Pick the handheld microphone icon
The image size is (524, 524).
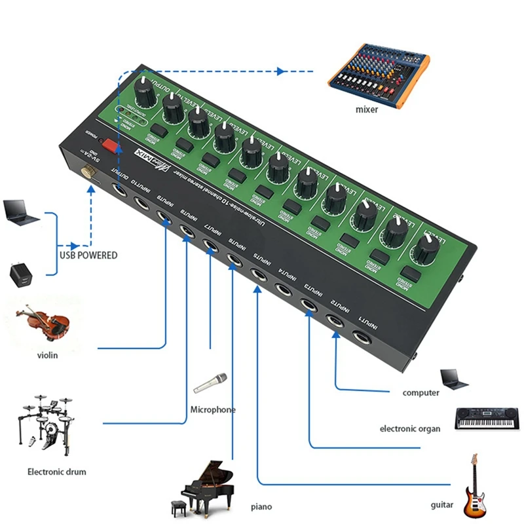210,383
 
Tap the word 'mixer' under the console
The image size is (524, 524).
367,109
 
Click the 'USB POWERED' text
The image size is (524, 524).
88,255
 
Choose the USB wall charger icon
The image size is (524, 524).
20,273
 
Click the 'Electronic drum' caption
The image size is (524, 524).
56,471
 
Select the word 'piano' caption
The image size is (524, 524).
261,506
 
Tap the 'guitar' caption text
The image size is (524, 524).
442,505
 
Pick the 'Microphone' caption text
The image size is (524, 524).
212,409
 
